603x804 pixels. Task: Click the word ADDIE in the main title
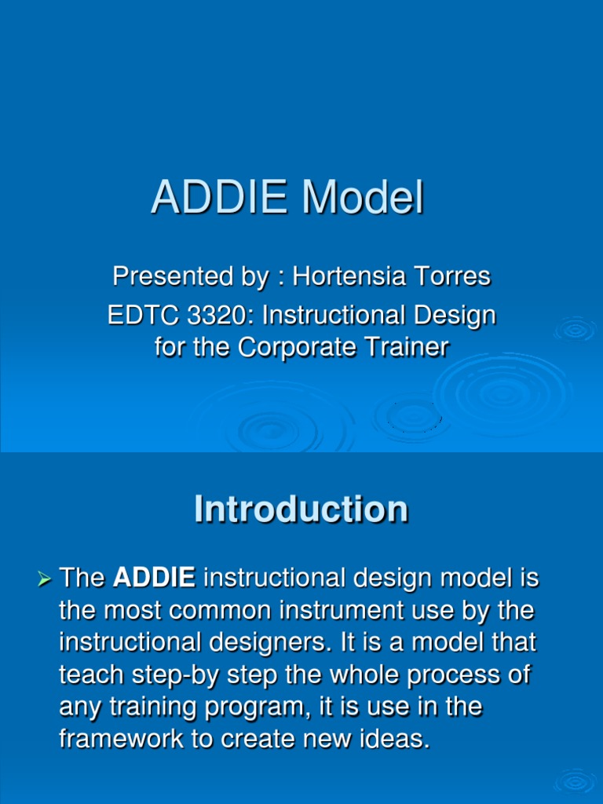point(220,197)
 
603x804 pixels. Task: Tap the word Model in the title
point(363,197)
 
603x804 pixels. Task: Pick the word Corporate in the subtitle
point(298,348)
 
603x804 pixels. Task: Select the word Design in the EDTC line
point(455,316)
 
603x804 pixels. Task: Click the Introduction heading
point(301,509)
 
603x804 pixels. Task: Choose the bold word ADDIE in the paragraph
point(154,577)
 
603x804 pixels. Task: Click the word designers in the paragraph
point(270,642)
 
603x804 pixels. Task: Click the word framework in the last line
point(121,739)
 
